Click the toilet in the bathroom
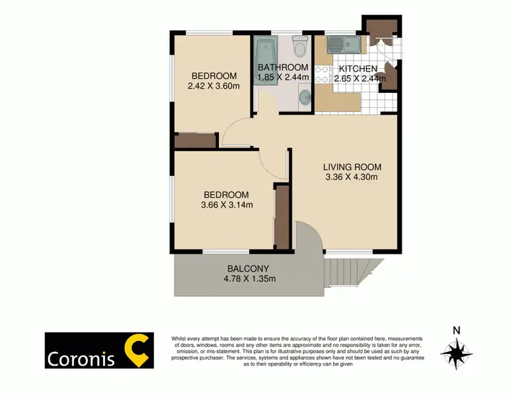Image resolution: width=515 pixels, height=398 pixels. (299, 47)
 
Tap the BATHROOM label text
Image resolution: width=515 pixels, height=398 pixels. (283, 67)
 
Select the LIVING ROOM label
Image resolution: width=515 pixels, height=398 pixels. (353, 167)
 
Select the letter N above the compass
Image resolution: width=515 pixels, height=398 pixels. (455, 330)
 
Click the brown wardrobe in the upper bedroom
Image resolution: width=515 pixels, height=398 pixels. (196, 141)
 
